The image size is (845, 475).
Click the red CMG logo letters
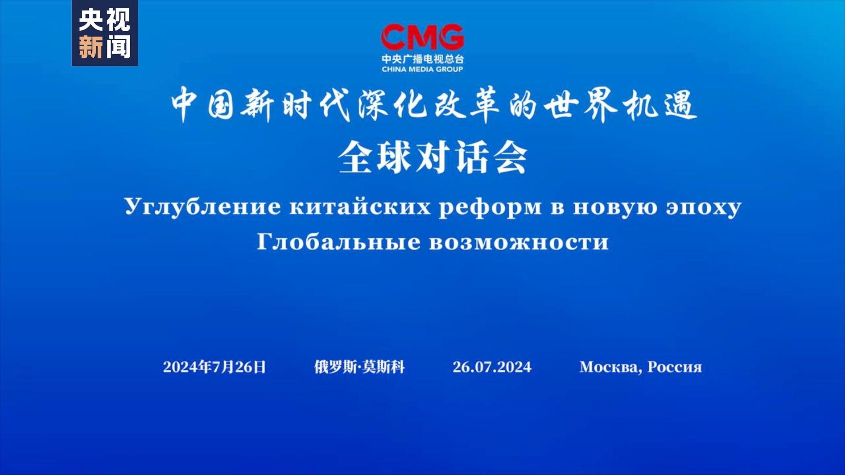click(422, 37)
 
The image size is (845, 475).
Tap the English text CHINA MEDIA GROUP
click(422, 69)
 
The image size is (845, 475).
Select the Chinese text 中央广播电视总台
click(422, 59)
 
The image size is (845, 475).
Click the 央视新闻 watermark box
click(105, 33)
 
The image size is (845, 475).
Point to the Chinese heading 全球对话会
click(433, 157)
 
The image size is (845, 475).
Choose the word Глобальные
click(338, 241)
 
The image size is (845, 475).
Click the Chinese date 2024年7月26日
click(214, 367)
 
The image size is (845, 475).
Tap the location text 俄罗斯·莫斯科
click(359, 367)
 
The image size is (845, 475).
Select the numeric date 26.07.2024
click(492, 367)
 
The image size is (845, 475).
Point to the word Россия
click(675, 367)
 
